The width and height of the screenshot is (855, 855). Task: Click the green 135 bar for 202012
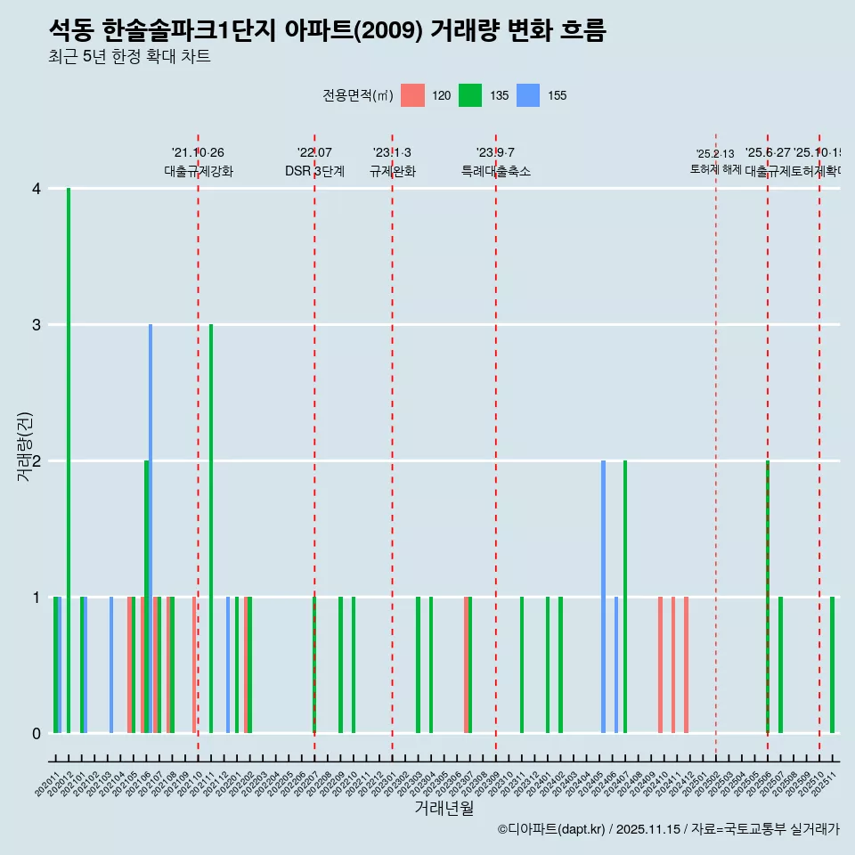click(x=69, y=460)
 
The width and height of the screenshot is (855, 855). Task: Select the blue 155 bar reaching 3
click(x=151, y=529)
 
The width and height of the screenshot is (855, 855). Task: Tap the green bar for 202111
click(x=211, y=529)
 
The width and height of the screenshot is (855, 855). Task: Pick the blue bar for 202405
click(x=603, y=597)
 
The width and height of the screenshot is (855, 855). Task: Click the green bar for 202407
click(x=625, y=597)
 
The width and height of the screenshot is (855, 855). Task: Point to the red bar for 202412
click(x=686, y=665)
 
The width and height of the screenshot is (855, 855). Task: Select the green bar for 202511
click(x=833, y=665)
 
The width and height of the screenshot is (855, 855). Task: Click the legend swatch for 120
click(x=412, y=95)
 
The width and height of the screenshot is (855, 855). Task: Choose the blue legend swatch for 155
click(x=528, y=95)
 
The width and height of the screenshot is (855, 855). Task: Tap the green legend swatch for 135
click(x=470, y=95)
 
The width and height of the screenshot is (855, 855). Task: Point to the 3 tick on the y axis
click(x=37, y=325)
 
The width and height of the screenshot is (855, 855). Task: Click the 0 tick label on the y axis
click(x=37, y=734)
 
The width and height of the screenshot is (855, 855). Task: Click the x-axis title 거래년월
click(x=444, y=809)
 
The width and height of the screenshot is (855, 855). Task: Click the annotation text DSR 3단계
click(x=314, y=171)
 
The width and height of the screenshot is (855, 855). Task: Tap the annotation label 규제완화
click(x=392, y=171)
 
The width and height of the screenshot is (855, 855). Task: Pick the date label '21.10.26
click(x=198, y=153)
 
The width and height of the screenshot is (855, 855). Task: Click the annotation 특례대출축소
click(x=495, y=171)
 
